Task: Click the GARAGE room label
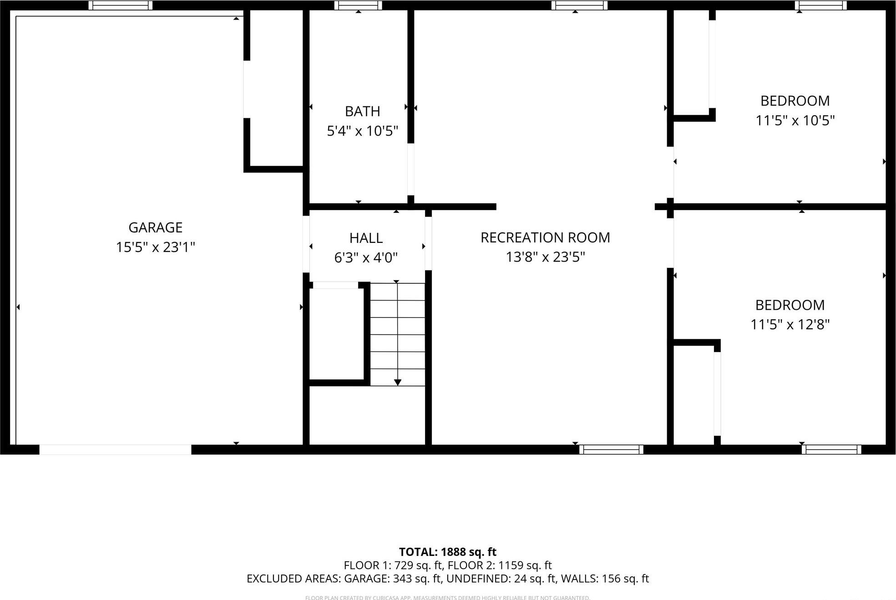(155, 227)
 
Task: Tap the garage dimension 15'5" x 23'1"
(155, 247)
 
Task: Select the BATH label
(362, 111)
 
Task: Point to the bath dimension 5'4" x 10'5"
(362, 131)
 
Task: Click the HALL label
(366, 238)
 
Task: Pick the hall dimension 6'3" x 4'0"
(366, 258)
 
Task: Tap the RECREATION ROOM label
(545, 237)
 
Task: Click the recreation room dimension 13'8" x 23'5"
(545, 257)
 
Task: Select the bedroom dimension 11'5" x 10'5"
(795, 121)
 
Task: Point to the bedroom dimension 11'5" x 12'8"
(790, 324)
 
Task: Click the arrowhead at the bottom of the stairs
(397, 382)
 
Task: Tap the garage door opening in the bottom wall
(115, 449)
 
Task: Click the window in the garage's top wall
(120, 5)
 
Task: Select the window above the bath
(358, 5)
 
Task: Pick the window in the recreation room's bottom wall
(611, 449)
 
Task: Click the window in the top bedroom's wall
(820, 5)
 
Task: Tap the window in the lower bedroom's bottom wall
(831, 449)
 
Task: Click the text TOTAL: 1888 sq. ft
(447, 552)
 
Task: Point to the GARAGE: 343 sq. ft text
(393, 579)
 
